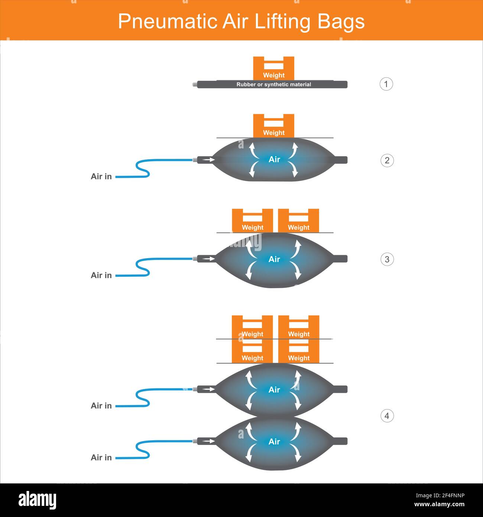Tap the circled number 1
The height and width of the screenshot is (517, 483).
386,84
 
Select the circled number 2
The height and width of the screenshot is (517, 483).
387,160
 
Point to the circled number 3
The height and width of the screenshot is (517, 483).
387,259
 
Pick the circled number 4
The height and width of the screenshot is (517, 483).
387,416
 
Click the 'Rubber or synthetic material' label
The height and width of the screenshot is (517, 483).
273,84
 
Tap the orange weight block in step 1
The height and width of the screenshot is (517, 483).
273,68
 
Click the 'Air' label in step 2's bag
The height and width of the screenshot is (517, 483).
274,159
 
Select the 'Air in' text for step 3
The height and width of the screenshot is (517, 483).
101,275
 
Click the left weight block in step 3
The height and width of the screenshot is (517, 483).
252,221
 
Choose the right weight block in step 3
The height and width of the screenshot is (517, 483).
299,221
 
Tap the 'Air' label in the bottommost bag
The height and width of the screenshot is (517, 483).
274,441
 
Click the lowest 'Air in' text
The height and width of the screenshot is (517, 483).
101,457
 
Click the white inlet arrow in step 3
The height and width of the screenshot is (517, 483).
208,259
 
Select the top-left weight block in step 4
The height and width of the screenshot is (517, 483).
252,327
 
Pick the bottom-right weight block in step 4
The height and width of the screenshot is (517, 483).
299,351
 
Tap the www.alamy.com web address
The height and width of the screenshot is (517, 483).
439,504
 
